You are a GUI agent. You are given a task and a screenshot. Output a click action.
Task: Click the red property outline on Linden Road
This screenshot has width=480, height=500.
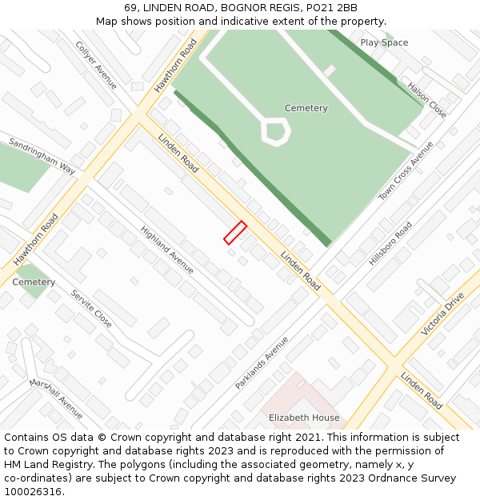point(234,232)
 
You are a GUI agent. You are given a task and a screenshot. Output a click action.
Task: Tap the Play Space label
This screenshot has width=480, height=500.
point(384,42)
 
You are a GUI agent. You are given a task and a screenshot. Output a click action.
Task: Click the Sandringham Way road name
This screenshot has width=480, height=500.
point(42,156)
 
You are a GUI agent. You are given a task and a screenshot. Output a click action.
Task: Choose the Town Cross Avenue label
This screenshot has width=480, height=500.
point(406,171)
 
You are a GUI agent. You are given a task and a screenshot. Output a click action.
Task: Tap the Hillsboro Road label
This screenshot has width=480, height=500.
point(390,244)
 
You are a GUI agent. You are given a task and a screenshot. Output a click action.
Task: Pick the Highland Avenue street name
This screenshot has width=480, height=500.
point(167,249)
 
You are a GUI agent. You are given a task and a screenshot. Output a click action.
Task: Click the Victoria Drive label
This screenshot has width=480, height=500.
point(442,314)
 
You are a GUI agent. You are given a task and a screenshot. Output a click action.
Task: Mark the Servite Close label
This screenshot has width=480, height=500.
point(91,309)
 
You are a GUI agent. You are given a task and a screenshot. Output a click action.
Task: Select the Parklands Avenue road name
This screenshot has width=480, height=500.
point(262,362)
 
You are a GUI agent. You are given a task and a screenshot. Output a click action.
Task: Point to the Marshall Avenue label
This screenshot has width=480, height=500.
point(56,398)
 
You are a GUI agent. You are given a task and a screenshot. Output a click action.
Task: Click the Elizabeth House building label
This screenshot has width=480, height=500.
point(304,418)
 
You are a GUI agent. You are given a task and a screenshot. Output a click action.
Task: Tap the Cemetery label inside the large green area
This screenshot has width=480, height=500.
point(306,108)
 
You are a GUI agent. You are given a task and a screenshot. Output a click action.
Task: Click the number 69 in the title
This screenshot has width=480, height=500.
point(130,8)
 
